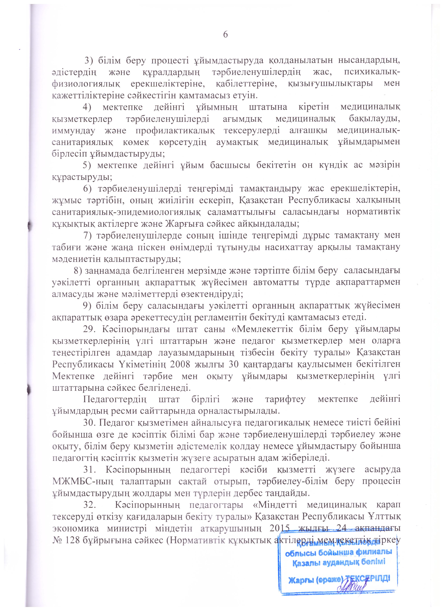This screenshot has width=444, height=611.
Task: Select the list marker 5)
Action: tap(88, 165)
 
